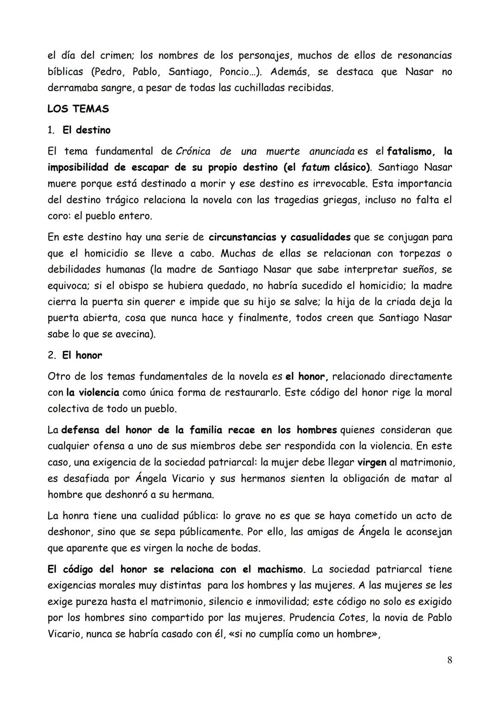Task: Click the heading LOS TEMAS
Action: pos(78,109)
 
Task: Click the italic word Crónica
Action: pos(193,151)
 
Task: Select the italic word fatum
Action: pos(316,168)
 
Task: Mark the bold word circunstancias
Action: pos(242,238)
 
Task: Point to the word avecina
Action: pos(132,334)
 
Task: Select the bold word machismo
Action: pos(280,569)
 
